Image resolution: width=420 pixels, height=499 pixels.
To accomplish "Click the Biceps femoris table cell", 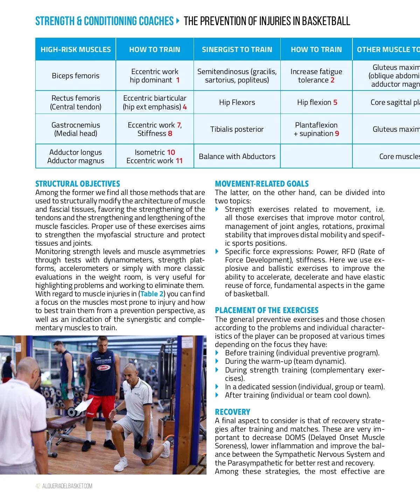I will (x=76, y=76).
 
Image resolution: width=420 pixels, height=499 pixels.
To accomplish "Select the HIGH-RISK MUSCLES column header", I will (x=76, y=50).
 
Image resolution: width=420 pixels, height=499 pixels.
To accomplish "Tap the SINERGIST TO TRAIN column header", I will (x=237, y=50).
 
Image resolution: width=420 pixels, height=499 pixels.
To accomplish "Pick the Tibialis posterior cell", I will (x=237, y=129).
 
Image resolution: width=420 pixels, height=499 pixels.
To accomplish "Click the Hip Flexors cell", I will (x=237, y=102).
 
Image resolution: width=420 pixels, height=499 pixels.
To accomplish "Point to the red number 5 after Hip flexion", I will (x=335, y=102).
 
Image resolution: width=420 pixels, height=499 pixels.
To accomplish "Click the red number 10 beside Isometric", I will (x=171, y=152).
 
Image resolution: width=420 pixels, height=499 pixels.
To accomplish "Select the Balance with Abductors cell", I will (x=237, y=157).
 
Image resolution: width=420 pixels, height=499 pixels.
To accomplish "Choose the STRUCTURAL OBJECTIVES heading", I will (x=78, y=184).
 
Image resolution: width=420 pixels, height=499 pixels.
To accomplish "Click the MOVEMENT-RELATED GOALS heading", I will (x=262, y=184).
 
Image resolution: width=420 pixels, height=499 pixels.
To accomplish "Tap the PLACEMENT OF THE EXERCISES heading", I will (x=267, y=310).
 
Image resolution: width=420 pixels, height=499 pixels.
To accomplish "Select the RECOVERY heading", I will (x=232, y=412).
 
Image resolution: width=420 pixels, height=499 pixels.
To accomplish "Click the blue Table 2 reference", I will (x=152, y=294).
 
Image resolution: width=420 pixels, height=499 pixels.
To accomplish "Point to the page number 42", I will (x=38, y=486).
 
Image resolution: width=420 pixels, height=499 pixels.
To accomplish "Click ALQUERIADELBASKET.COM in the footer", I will (x=68, y=486).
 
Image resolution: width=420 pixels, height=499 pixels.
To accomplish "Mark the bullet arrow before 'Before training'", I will (x=217, y=353).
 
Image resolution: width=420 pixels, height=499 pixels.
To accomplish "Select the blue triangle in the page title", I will (x=178, y=21).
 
